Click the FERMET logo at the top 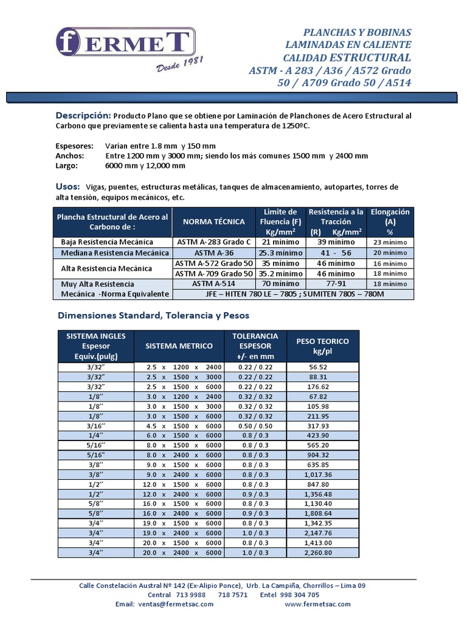pos(126,43)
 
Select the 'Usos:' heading pos(68,186)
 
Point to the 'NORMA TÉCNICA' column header pos(214,222)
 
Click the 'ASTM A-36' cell pos(213,253)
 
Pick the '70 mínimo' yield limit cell pos(280,284)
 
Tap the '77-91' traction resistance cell pos(336,284)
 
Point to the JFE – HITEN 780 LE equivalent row pos(293,294)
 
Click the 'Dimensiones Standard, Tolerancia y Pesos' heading pos(153,316)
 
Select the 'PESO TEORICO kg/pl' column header pos(322,346)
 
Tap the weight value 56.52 pos(318,367)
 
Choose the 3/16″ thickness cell pos(95,426)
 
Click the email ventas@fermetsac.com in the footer pos(164,604)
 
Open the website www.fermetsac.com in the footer pos(317,604)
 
